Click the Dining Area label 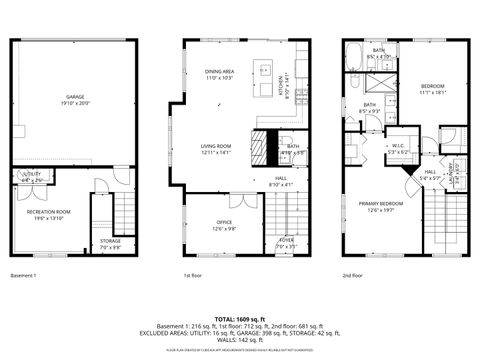point(220,74)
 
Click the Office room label point(224,224)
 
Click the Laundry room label point(453,173)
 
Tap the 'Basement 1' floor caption point(24,275)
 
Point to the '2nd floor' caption point(353,275)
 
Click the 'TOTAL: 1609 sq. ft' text point(239,317)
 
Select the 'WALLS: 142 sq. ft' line point(239,341)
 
